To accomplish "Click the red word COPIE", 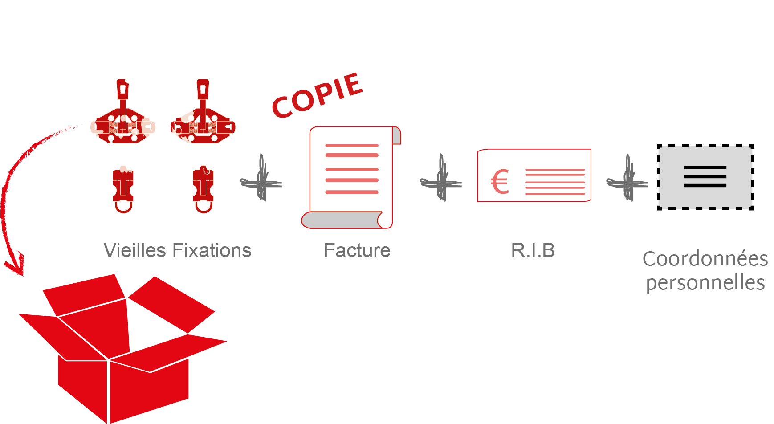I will [x=318, y=96].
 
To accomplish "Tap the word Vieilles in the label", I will [x=134, y=250].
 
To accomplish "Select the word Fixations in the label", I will [x=212, y=250].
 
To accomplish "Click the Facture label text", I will [x=357, y=250].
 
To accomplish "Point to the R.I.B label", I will [x=533, y=250].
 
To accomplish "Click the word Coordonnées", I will [x=705, y=259].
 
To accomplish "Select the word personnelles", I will [x=705, y=283].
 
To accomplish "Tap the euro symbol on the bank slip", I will [x=500, y=182].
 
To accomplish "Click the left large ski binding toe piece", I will [x=123, y=118].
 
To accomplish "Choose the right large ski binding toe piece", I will [x=203, y=118].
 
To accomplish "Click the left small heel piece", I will [x=123, y=189].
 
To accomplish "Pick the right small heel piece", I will [x=204, y=189].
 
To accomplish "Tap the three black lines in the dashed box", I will [x=705, y=176].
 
